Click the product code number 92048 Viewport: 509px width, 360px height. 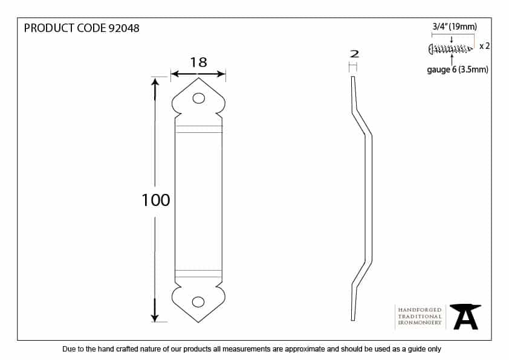point(124,28)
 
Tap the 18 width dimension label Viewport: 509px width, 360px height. point(198,62)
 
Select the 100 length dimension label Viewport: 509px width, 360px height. point(156,200)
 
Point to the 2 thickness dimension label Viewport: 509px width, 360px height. point(354,54)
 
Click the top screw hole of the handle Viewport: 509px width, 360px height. point(199,98)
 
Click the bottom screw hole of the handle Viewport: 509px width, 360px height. point(198,302)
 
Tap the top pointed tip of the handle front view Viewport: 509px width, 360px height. point(198,78)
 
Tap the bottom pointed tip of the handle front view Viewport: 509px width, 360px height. point(198,323)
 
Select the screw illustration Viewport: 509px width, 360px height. point(451,49)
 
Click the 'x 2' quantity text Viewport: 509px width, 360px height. point(484,46)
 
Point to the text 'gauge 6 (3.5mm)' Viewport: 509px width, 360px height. point(458,69)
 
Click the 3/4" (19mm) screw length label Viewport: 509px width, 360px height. point(455,27)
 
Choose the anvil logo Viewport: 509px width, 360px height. point(465,317)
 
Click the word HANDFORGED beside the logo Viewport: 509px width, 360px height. point(420,310)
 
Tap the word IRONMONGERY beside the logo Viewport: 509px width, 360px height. point(420,323)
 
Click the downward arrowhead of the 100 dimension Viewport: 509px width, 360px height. point(155,315)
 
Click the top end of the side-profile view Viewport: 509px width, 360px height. point(353,77)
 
